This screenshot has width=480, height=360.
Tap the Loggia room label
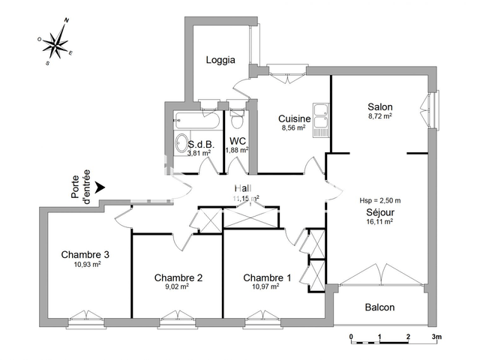click(220, 60)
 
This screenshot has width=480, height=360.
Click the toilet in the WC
click(238, 120)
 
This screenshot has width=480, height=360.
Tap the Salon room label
click(380, 106)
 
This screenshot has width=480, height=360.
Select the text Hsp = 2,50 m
click(380, 200)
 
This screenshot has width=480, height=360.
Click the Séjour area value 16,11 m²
click(380, 222)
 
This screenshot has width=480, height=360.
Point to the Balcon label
click(379, 307)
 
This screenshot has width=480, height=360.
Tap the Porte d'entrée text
click(80, 187)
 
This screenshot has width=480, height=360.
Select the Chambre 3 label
click(85, 255)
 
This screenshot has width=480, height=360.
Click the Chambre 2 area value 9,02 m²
click(178, 286)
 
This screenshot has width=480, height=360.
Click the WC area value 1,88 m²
click(238, 149)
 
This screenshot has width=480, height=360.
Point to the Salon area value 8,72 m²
click(380, 116)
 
